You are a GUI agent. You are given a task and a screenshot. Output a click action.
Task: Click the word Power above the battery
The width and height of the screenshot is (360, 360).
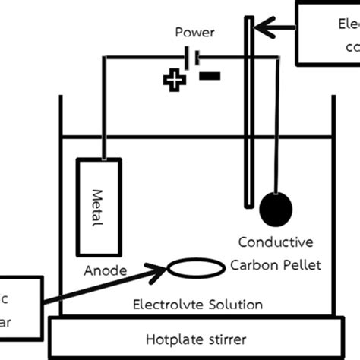tap(194, 32)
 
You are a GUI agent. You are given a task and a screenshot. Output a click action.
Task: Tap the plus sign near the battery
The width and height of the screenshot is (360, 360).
tap(174, 80)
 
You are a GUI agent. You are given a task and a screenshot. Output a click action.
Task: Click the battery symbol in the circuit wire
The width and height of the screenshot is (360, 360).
tap(193, 57)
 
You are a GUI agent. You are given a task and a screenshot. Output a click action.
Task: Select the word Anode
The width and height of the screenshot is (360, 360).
tap(100, 270)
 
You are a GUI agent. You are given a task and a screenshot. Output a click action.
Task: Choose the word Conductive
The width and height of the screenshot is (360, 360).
tap(275, 242)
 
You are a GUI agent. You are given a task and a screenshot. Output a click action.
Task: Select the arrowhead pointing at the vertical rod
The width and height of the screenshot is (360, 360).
tap(260, 29)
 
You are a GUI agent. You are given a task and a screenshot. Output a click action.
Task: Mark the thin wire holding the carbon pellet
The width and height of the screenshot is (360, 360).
tap(275, 122)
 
